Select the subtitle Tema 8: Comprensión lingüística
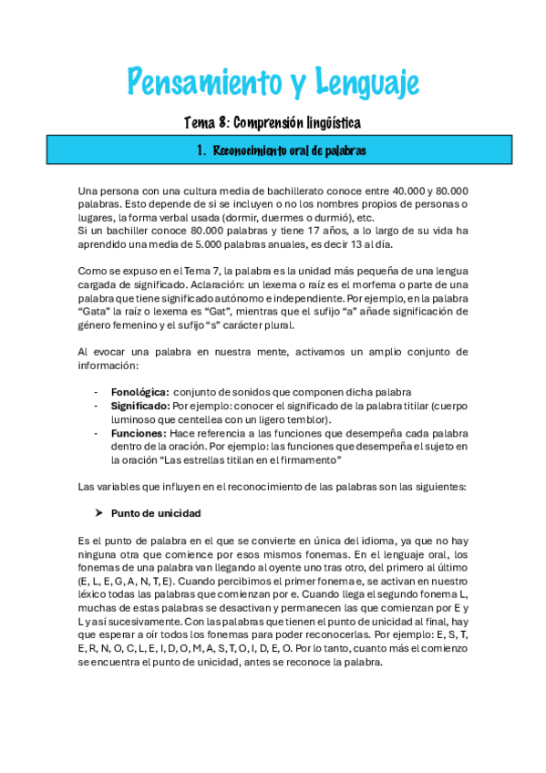click(x=273, y=122)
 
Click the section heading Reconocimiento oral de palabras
click(x=289, y=150)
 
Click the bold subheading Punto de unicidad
click(x=155, y=512)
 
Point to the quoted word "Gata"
click(x=94, y=311)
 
